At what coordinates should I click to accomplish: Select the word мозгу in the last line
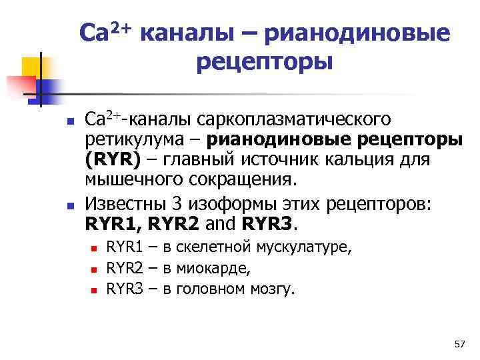tap(271, 289)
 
